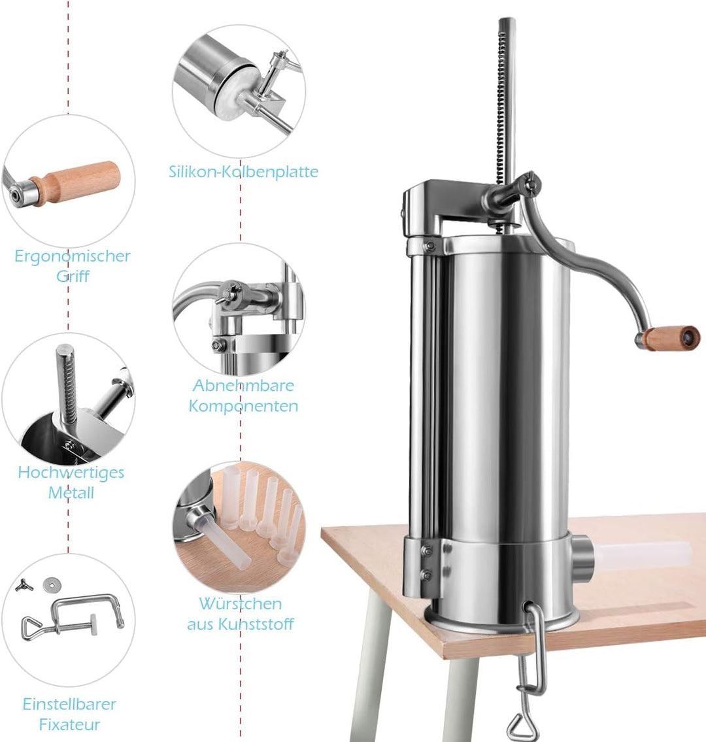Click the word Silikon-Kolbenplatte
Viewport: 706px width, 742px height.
(243, 171)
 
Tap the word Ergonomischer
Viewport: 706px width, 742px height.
(72, 256)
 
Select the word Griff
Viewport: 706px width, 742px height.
(73, 276)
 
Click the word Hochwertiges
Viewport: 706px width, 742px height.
(71, 473)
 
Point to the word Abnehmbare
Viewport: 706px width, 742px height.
(243, 385)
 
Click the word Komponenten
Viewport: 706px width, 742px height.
(243, 406)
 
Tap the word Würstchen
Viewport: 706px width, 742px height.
(241, 603)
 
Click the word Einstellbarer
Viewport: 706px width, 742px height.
(69, 704)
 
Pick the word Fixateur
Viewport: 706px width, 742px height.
(69, 724)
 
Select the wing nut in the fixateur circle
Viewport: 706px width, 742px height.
(22, 586)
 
